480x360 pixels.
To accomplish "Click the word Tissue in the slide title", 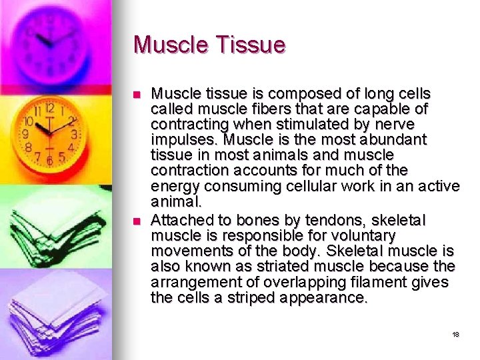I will click(x=248, y=45).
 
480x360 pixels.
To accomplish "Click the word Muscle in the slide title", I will click(x=170, y=45).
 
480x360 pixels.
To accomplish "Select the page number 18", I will click(x=455, y=334).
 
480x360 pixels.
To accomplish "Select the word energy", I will click(x=174, y=187).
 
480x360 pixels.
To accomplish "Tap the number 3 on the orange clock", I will click(x=74, y=134).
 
